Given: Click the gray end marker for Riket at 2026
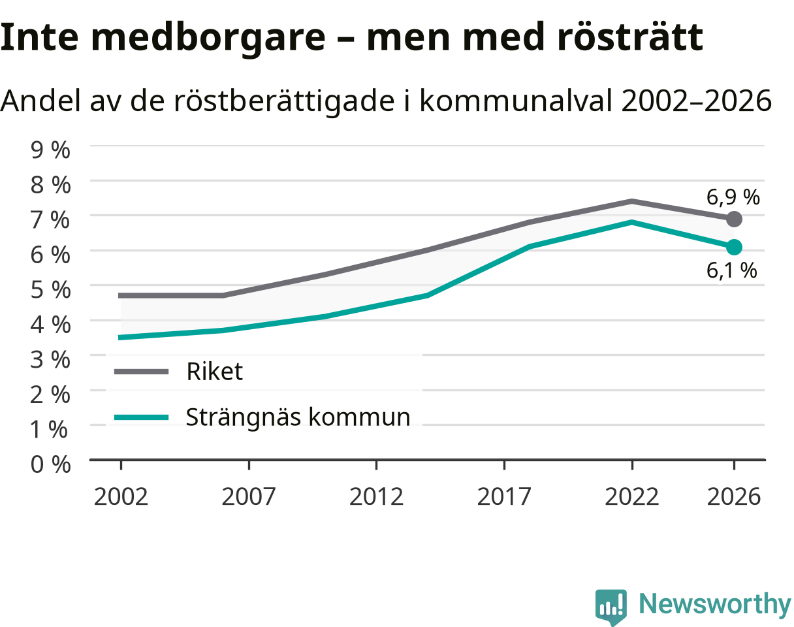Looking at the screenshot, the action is coord(734,219).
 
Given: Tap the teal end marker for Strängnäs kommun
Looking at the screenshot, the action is coord(734,248).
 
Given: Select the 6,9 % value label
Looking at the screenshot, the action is coord(733,197).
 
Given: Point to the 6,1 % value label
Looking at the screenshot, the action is coord(731,270).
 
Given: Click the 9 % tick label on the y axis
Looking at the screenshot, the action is coord(50,150).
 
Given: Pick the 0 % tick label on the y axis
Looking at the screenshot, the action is coord(50,464).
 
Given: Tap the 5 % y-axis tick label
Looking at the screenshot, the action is coord(50,290).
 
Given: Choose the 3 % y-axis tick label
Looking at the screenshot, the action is coord(50,359).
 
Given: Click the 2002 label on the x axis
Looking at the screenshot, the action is coord(121,496).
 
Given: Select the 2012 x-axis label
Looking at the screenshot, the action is coord(376,496).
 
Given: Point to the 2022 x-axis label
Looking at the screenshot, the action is coord(631,496).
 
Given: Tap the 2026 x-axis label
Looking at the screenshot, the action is coord(733,496).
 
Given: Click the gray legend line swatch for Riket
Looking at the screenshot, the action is coord(141,372).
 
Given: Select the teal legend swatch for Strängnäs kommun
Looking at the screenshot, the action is coord(141,417).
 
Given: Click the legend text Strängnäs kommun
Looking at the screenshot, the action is coord(298,418).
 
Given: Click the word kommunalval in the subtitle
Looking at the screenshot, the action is coord(516,101).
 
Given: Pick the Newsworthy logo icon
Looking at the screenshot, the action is coord(611,605).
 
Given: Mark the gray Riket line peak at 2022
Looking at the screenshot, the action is coord(631,202).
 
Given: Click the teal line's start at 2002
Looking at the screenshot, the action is coord(120,337).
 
